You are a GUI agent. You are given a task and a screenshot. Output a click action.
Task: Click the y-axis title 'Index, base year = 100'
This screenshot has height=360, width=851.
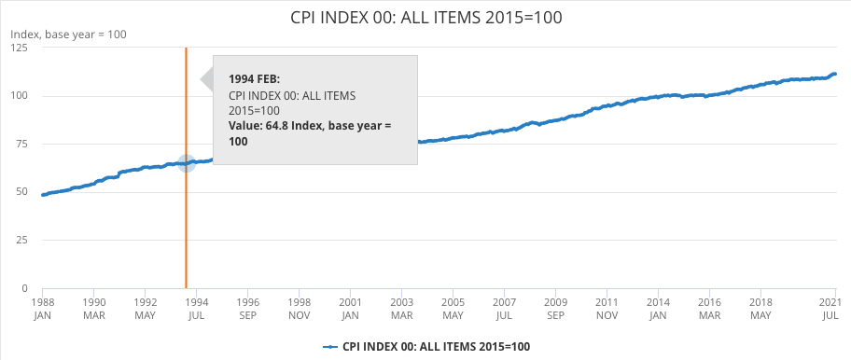click(68, 35)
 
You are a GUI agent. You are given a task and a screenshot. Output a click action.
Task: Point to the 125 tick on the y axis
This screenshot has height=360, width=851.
click(19, 48)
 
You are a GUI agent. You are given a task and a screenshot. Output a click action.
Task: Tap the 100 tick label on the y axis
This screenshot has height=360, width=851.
click(19, 96)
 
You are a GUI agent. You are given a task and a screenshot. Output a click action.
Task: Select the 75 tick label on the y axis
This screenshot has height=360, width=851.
click(21, 144)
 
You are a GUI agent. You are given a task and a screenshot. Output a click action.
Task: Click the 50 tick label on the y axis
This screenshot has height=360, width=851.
click(21, 192)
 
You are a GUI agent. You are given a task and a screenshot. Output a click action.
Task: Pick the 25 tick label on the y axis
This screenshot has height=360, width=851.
click(21, 240)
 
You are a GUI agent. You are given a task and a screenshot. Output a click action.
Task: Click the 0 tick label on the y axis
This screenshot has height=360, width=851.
click(24, 288)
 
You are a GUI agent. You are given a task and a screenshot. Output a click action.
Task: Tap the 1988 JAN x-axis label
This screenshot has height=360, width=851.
click(42, 309)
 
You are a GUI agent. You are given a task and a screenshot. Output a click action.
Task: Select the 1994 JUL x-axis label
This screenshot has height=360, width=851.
click(196, 309)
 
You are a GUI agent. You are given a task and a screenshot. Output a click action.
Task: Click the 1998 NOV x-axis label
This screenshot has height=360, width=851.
click(299, 309)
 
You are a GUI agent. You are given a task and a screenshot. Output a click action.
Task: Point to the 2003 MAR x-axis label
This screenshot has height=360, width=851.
click(401, 309)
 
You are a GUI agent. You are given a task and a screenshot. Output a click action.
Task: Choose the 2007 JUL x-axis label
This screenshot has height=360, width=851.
click(504, 309)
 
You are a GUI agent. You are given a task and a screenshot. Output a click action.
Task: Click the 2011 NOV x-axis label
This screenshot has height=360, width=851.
click(607, 309)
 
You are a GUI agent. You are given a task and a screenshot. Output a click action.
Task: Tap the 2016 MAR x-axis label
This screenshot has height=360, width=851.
click(709, 309)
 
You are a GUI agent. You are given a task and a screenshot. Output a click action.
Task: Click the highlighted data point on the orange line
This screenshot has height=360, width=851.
click(186, 163)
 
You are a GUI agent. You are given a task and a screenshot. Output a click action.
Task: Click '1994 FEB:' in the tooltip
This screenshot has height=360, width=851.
click(254, 79)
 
